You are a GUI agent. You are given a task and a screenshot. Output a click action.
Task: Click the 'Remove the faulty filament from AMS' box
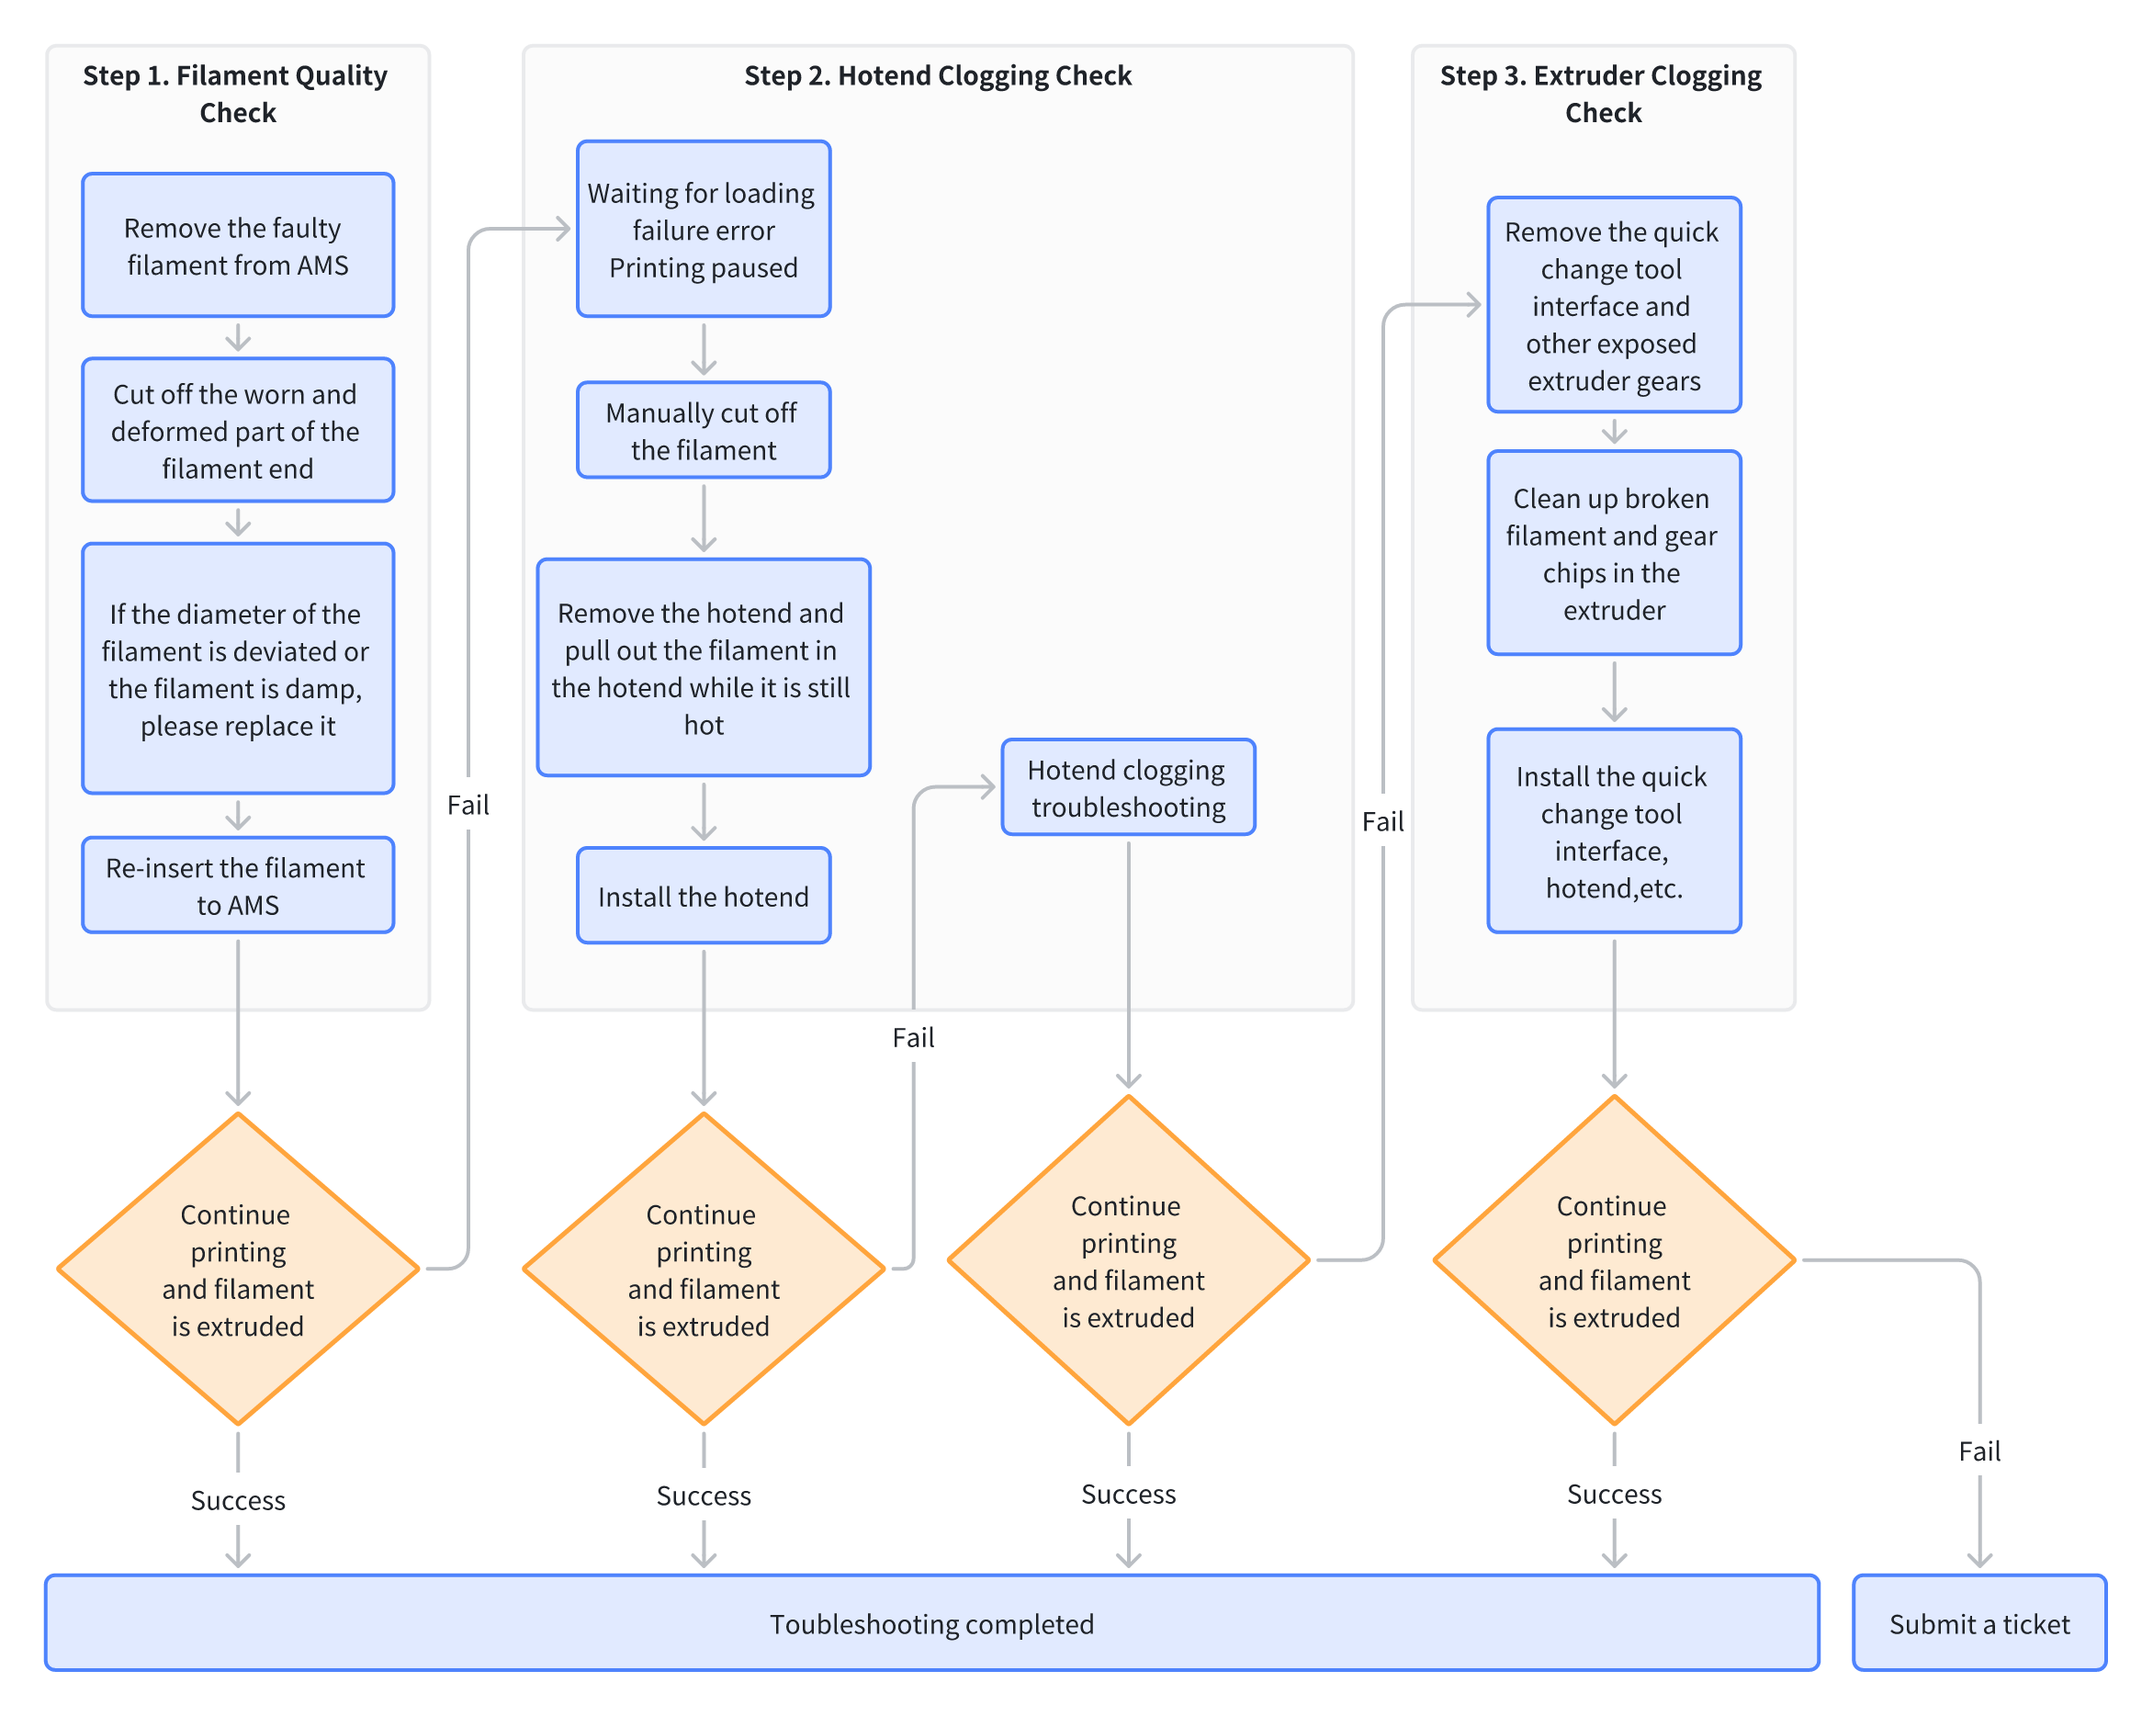[238, 244]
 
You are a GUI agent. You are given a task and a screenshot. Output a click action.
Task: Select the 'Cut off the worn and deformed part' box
[238, 430]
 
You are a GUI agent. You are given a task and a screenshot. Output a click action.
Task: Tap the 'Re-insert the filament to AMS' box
[238, 885]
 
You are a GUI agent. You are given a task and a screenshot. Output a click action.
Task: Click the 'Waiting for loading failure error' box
[703, 229]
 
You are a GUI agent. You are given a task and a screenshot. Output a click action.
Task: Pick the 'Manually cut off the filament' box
[703, 430]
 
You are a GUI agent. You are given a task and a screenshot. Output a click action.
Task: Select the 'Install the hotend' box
[703, 895]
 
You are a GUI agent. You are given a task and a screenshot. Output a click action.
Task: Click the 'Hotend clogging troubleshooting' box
[1129, 787]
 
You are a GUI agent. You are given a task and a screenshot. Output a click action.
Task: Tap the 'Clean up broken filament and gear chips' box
[1614, 552]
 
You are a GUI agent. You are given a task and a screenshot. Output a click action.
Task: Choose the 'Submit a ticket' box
[1979, 1622]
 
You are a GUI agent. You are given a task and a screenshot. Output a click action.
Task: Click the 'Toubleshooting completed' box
[931, 1622]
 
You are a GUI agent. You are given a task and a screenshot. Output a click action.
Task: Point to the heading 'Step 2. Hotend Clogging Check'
[938, 76]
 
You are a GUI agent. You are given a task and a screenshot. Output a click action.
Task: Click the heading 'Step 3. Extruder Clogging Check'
[1602, 94]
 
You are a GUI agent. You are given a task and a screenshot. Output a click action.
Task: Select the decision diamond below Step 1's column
[238, 1269]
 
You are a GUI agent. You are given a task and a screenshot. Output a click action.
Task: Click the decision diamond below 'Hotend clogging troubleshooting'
[1129, 1259]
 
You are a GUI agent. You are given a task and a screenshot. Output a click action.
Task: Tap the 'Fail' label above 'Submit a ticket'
[1979, 1451]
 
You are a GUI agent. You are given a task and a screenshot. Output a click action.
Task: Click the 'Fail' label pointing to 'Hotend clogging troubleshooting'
[914, 1037]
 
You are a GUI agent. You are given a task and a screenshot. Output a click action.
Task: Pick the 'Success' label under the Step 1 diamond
[238, 1499]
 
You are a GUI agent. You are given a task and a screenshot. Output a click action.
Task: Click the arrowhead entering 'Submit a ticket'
[1979, 1560]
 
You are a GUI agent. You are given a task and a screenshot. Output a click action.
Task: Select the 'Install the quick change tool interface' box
[1614, 831]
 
